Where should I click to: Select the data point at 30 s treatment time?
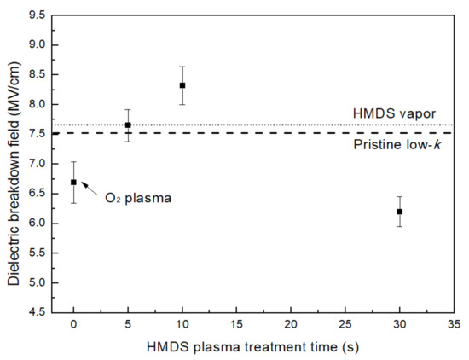[x=399, y=212]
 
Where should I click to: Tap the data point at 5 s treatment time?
[x=128, y=125]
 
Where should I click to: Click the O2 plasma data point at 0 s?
[x=74, y=182]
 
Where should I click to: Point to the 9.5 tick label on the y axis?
[x=37, y=15]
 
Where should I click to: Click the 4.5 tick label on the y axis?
[x=37, y=313]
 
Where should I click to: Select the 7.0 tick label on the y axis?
[x=37, y=164]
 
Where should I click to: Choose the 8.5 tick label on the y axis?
[x=37, y=74]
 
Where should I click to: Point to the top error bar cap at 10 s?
[x=182, y=67]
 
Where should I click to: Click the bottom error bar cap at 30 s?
[x=399, y=226]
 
